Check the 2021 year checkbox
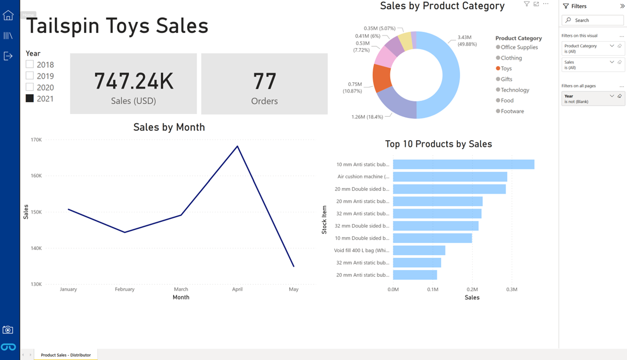coord(30,98)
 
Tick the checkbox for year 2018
coord(30,65)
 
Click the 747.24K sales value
coord(133,81)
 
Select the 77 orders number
coord(264,81)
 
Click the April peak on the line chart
coord(238,146)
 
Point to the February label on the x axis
coord(125,289)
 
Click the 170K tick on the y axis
coord(36,140)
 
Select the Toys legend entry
coord(506,68)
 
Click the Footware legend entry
coord(512,111)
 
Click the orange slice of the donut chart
coord(382,78)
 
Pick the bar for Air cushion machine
coord(450,177)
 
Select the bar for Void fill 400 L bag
coord(419,251)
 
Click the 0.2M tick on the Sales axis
coord(472,289)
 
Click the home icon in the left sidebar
coord(8,16)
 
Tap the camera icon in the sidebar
coord(8,330)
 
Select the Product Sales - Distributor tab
coord(66,355)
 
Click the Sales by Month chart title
coord(169,127)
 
